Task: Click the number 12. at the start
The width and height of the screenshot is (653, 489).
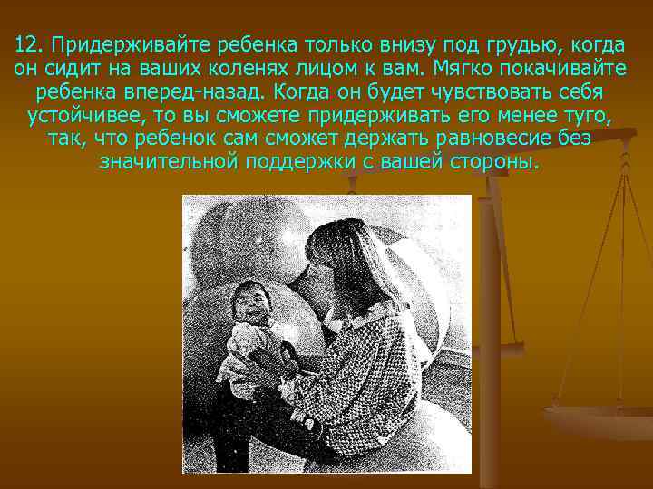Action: click(x=32, y=45)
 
